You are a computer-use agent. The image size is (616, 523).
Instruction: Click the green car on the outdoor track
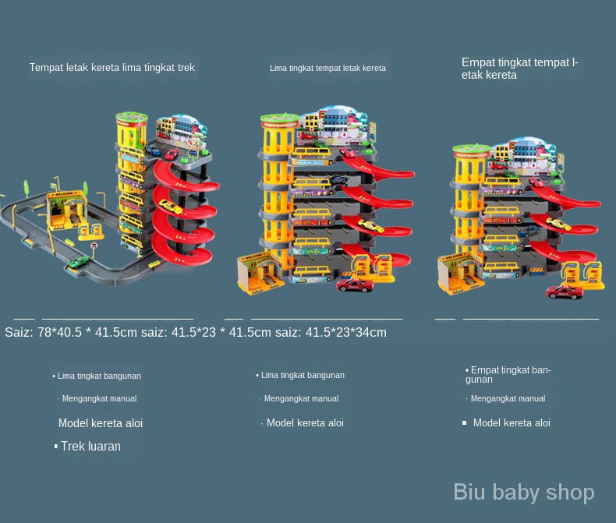(77, 262)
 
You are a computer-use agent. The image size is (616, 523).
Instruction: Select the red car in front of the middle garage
(355, 284)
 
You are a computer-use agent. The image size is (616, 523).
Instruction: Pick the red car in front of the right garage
(565, 292)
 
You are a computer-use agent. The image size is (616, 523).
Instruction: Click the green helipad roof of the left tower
(132, 118)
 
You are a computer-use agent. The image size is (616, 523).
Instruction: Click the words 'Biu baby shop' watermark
(524, 492)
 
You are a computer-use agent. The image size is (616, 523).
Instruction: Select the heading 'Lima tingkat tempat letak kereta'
(327, 69)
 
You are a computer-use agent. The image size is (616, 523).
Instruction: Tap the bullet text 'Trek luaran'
(90, 447)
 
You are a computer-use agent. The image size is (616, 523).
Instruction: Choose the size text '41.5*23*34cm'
(345, 333)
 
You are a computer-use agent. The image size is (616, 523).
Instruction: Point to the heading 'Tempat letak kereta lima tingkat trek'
(112, 68)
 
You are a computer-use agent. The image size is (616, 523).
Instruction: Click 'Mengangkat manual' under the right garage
(508, 398)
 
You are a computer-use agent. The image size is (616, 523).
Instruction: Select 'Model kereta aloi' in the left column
(101, 423)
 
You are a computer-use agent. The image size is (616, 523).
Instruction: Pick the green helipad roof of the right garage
(469, 148)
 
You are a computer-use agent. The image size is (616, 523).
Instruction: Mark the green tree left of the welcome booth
(28, 187)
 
